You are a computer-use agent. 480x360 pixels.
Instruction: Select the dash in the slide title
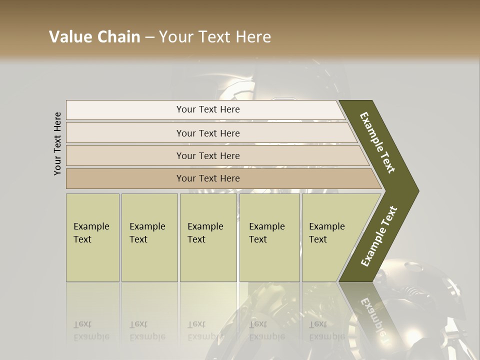pos(149,37)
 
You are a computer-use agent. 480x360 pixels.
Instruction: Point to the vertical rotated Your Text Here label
pos(57,143)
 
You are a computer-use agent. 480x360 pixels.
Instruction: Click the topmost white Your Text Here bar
pos(207,109)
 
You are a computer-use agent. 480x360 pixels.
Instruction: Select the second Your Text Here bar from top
pos(207,133)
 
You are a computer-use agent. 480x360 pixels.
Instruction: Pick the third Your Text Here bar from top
pos(207,155)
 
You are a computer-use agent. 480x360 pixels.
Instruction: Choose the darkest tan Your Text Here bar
pos(207,178)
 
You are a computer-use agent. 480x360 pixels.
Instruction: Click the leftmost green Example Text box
pos(92,237)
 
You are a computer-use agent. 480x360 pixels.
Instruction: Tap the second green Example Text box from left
pos(149,237)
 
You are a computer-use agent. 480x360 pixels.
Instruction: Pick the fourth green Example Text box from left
pos(269,237)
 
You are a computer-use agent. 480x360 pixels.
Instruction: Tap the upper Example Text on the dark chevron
pos(377,142)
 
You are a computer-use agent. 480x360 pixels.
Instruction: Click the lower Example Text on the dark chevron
pos(378,236)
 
